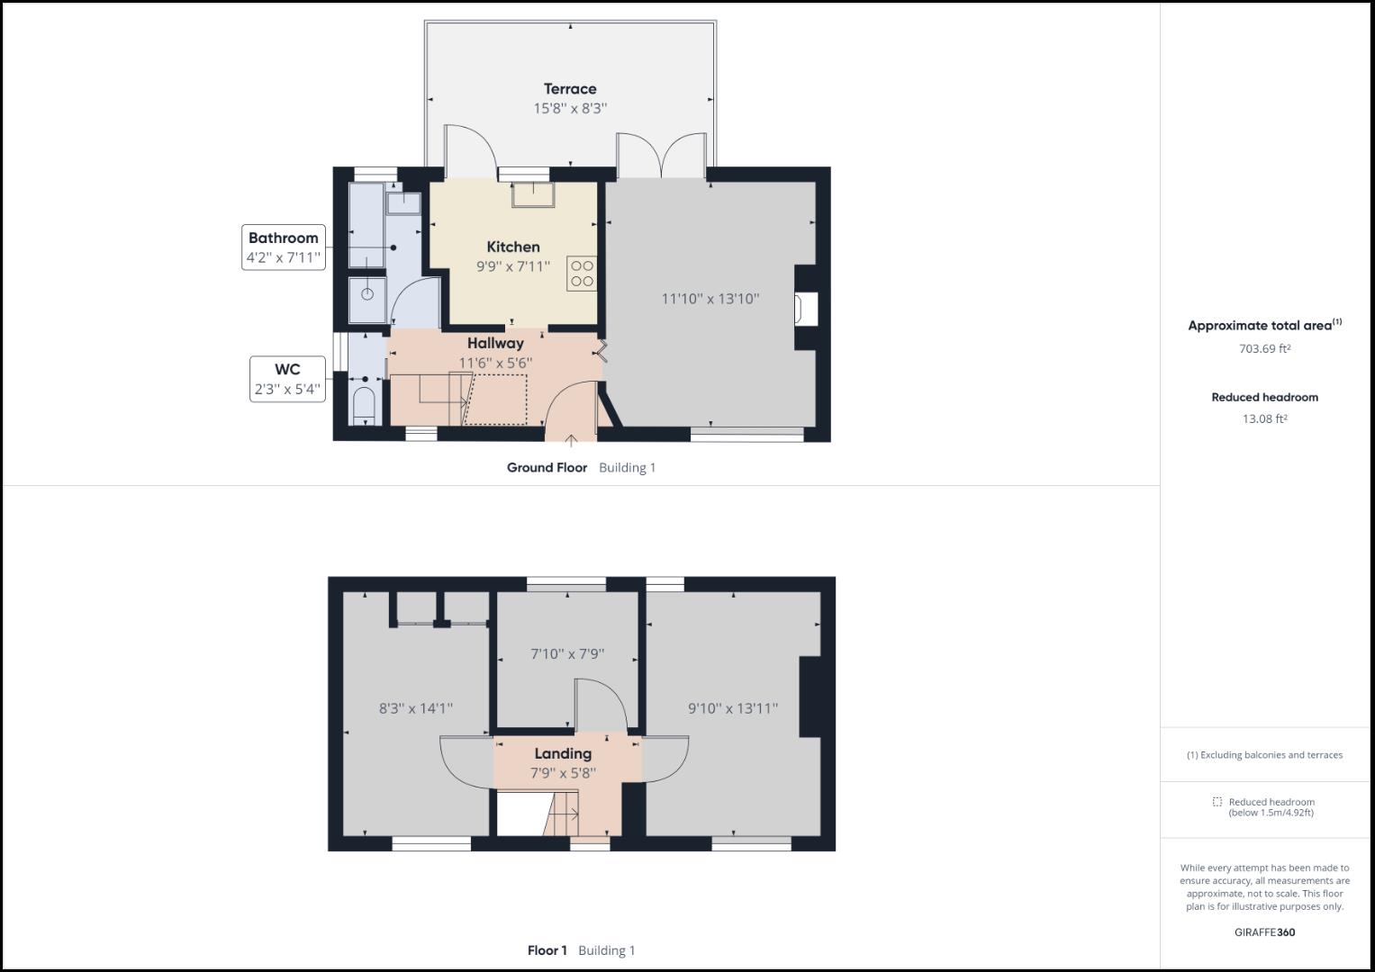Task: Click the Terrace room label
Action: point(570,89)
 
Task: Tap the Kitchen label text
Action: point(513,247)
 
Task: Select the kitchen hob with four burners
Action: point(582,274)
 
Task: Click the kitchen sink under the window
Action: point(532,194)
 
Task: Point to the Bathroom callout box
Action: point(284,247)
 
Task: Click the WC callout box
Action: point(287,379)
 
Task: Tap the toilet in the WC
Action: point(364,407)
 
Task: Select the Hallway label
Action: point(495,343)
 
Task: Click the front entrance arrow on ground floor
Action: point(571,440)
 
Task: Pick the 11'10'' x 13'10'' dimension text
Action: point(710,299)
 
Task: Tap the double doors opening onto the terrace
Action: point(661,155)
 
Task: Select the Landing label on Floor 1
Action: point(563,753)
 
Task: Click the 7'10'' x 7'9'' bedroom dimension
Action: point(567,654)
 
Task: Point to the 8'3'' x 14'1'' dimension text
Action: point(415,708)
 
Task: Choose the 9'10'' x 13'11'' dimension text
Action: point(733,708)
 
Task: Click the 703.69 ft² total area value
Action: point(1264,349)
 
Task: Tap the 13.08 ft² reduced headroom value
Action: point(1264,418)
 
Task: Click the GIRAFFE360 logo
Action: point(1264,932)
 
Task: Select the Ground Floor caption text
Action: point(547,468)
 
